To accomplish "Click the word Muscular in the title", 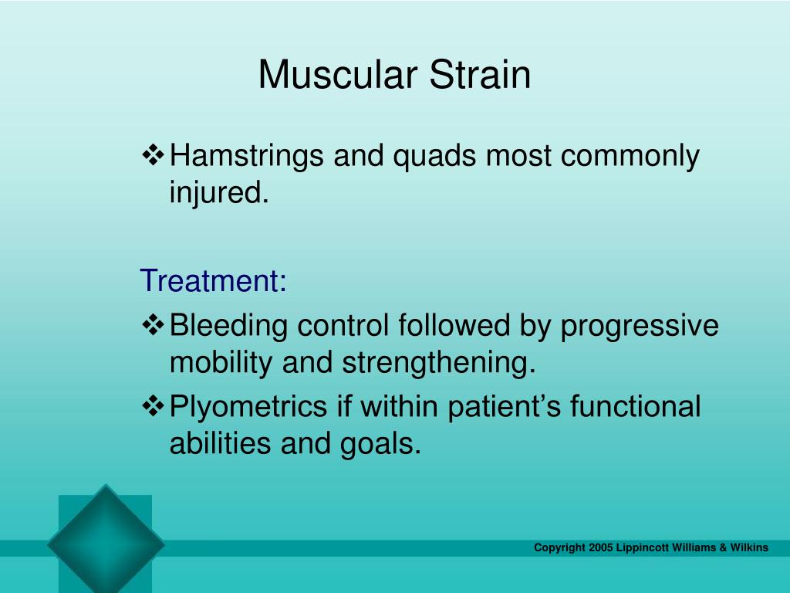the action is [338, 75].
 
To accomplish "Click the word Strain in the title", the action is [480, 75].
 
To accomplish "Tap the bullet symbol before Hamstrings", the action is [154, 155].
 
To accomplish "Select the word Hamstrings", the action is [246, 156].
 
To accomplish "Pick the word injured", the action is [219, 192].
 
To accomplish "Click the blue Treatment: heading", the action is [214, 280].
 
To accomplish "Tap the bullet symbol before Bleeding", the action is [154, 325].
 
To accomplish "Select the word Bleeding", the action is [228, 325].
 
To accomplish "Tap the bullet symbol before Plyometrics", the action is [154, 406].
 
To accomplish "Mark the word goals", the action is [380, 445].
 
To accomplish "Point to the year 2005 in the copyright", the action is [601, 547].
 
